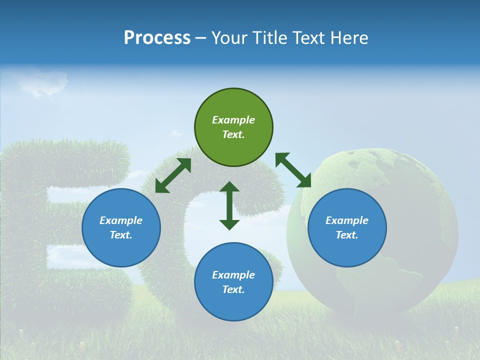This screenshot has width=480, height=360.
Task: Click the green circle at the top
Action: pyautogui.click(x=233, y=127)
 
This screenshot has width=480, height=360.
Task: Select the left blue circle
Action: pyautogui.click(x=121, y=227)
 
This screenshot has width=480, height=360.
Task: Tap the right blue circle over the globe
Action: pyautogui.click(x=347, y=227)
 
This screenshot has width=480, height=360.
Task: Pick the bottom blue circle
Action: pyautogui.click(x=233, y=282)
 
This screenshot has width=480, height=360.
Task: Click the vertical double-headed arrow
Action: pyautogui.click(x=229, y=205)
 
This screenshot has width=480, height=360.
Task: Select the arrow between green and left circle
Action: pyautogui.click(x=173, y=175)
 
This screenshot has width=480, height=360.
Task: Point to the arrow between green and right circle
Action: pyautogui.click(x=293, y=170)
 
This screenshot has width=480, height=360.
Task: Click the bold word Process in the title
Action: pyautogui.click(x=157, y=38)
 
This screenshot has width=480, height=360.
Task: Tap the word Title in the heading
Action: pyautogui.click(x=270, y=38)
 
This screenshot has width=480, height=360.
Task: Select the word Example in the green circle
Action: pyautogui.click(x=233, y=120)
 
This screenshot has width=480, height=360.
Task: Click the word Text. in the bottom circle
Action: pyautogui.click(x=233, y=289)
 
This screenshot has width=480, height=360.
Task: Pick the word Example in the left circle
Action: pyautogui.click(x=121, y=220)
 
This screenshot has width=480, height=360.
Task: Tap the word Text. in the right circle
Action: pyautogui.click(x=347, y=235)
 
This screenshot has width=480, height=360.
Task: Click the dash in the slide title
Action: pyautogui.click(x=201, y=38)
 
